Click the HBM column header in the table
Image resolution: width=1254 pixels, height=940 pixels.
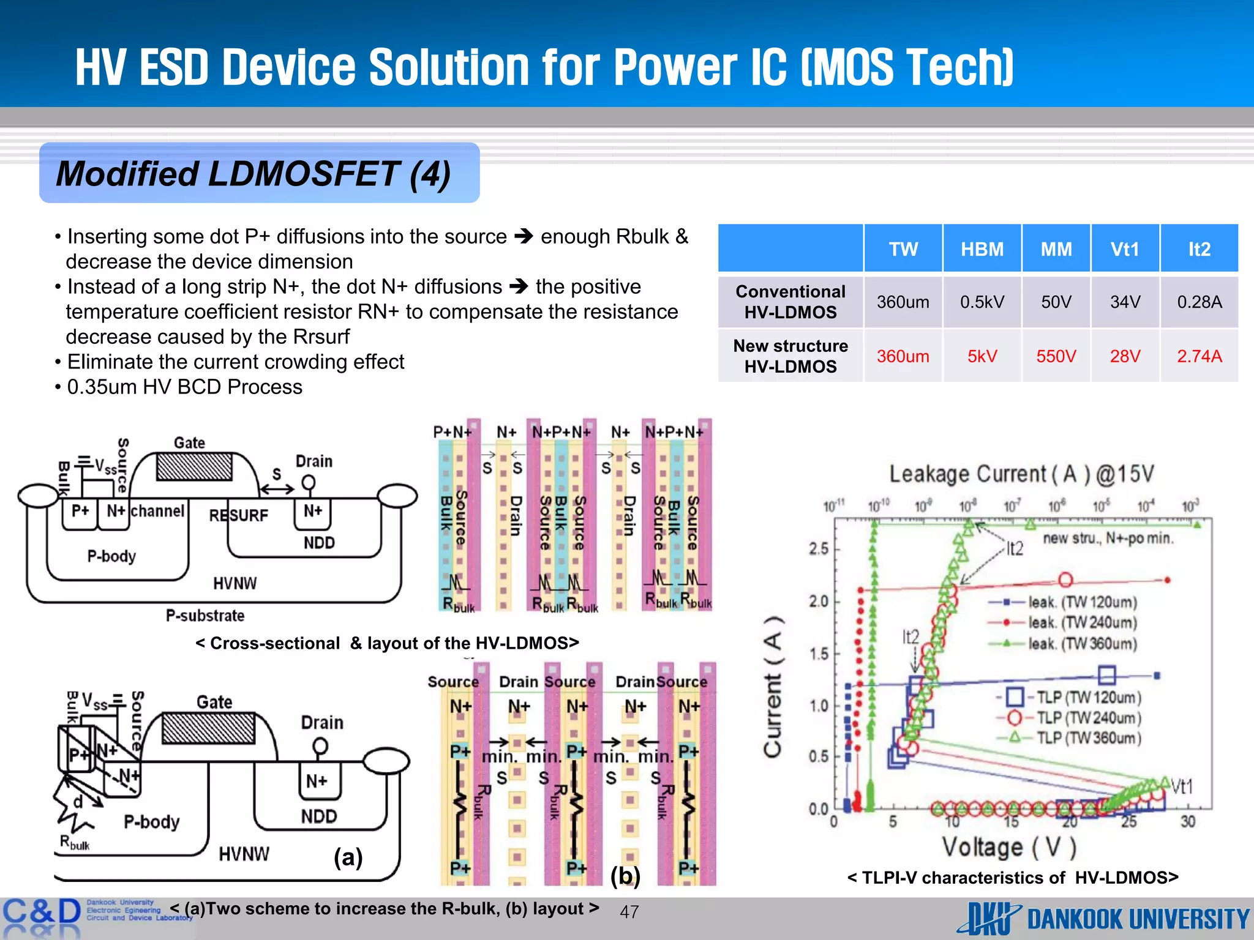pos(982,249)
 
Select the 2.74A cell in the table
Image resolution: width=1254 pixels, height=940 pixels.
pos(1199,356)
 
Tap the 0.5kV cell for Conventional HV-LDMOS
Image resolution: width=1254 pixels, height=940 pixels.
pos(982,302)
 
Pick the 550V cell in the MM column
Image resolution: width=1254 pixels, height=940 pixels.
pos(1056,356)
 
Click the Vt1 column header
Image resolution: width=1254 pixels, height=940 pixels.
pos(1125,249)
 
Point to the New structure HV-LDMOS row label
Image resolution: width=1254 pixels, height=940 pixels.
pos(790,356)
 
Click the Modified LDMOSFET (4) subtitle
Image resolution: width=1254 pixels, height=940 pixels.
pos(253,174)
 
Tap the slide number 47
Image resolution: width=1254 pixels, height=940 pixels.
pos(629,912)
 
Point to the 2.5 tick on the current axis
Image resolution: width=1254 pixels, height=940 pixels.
pos(819,548)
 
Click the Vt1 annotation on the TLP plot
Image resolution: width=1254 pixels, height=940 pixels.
pos(1182,786)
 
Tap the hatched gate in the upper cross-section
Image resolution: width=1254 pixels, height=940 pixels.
pos(194,467)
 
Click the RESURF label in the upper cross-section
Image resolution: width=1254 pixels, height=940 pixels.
pos(239,515)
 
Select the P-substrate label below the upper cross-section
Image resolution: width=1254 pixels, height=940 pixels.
pos(205,616)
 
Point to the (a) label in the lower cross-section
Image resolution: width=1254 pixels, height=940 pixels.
pos(348,857)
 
